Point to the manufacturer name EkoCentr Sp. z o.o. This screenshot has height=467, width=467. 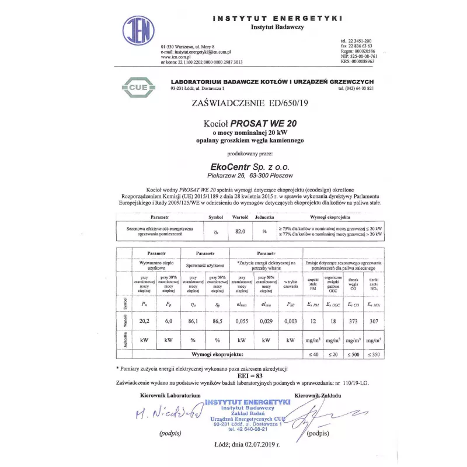[x=250, y=166]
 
